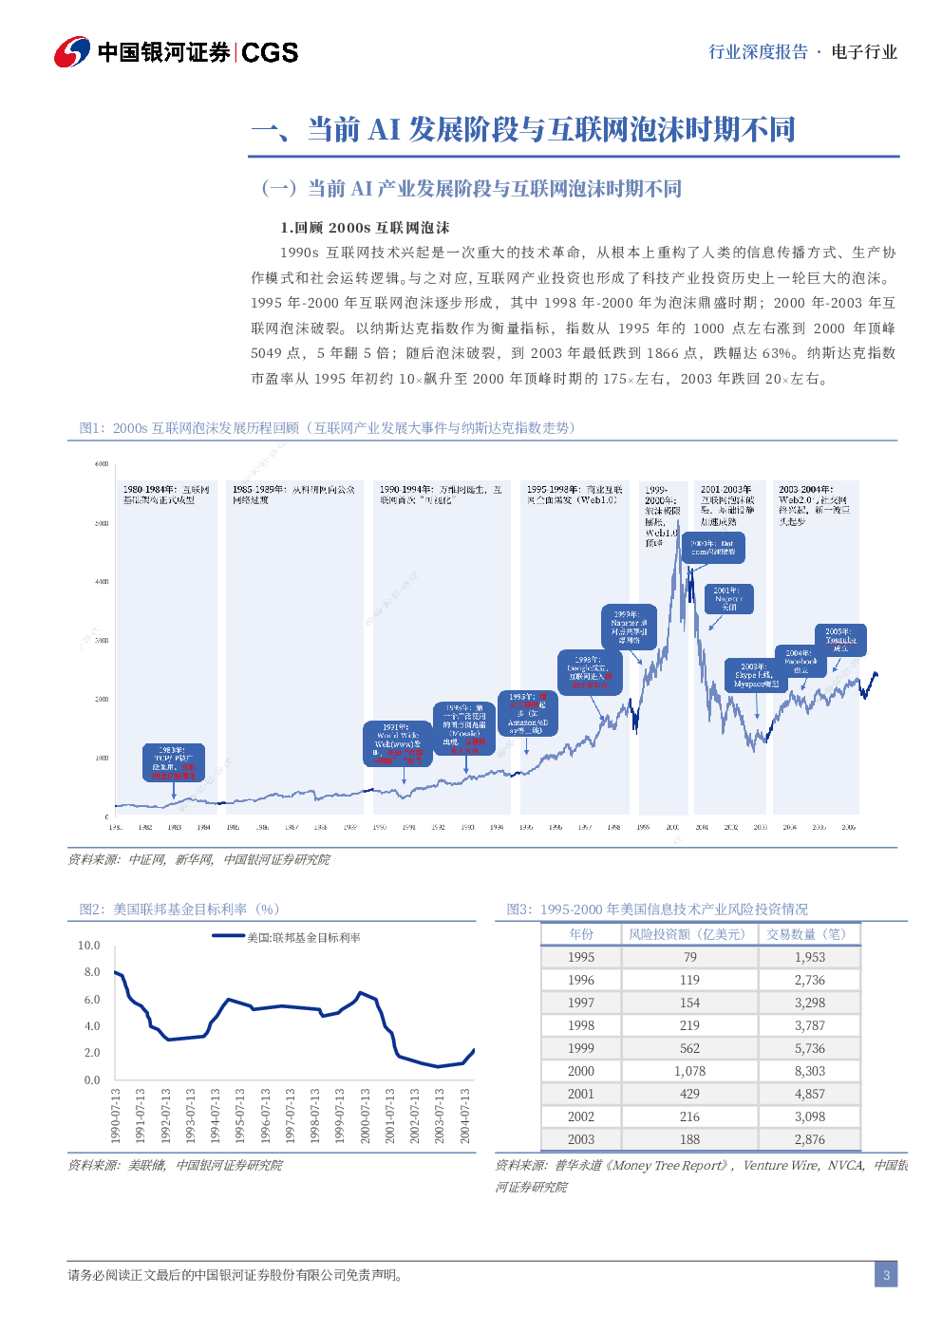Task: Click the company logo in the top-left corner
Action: click(72, 51)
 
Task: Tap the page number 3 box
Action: click(886, 1274)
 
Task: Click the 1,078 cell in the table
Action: click(689, 1071)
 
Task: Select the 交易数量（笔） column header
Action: click(809, 934)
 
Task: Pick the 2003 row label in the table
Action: click(580, 1139)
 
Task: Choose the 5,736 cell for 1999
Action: click(809, 1048)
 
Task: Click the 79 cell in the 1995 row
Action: click(689, 957)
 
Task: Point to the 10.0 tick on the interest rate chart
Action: click(88, 946)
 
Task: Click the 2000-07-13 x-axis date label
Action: click(366, 1116)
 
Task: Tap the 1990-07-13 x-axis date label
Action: click(115, 1116)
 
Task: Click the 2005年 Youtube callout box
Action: click(839, 639)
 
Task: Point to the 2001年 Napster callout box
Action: click(728, 599)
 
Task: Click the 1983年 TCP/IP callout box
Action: click(173, 762)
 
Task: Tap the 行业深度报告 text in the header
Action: click(758, 52)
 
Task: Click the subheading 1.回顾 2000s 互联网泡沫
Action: click(365, 228)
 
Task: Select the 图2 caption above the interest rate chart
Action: click(179, 909)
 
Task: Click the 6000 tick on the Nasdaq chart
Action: click(102, 464)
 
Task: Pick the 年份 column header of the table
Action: click(580, 934)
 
